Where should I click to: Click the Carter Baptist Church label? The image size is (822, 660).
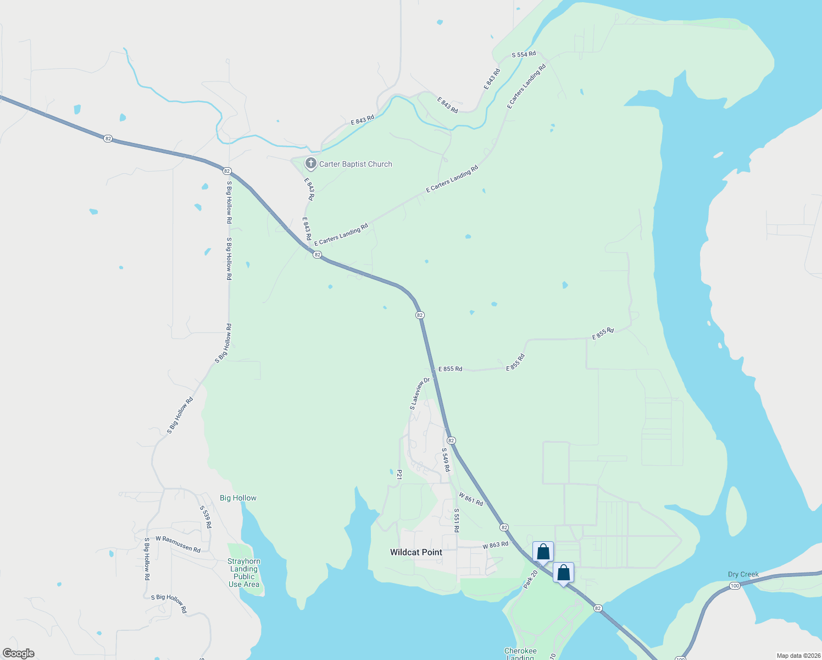click(x=356, y=164)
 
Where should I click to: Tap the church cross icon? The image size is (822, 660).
click(x=311, y=163)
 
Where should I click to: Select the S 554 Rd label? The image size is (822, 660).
click(x=524, y=54)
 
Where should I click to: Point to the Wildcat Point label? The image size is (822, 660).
click(x=416, y=552)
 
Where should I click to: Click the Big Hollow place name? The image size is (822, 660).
click(x=238, y=498)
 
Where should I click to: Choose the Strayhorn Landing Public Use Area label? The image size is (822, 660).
click(x=244, y=573)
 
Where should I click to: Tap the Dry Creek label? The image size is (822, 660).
click(x=743, y=574)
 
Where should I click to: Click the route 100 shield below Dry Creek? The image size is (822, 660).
click(x=735, y=586)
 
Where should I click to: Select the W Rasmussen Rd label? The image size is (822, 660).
click(x=178, y=543)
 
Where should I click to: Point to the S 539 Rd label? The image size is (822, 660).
click(x=205, y=517)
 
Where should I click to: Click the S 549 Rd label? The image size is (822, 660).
click(x=446, y=460)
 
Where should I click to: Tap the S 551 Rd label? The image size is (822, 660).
click(x=456, y=520)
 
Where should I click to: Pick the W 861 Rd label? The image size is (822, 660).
click(x=471, y=499)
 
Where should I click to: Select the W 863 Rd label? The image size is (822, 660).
click(x=495, y=545)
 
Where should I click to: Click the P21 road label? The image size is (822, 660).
click(x=399, y=474)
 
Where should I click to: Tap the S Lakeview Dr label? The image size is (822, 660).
click(x=419, y=393)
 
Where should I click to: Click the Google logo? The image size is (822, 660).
click(x=19, y=653)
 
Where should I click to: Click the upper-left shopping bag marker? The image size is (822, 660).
click(x=543, y=552)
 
